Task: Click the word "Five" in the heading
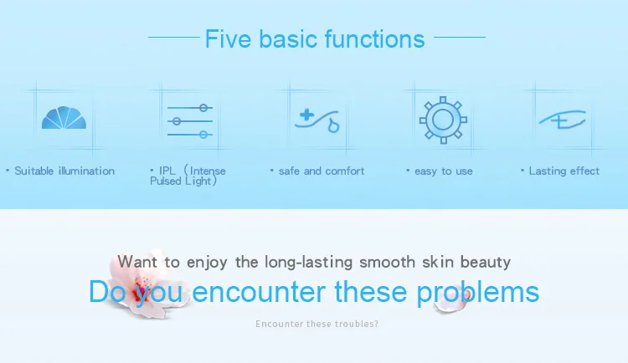tap(228, 38)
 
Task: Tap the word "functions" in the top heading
tap(374, 38)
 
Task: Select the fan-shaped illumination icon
tap(64, 118)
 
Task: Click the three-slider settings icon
tap(190, 121)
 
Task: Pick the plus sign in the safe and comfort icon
tap(306, 115)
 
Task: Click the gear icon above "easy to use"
tap(443, 120)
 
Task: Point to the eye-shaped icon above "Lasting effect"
tap(563, 120)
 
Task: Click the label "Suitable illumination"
tap(64, 171)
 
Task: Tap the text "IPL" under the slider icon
tap(167, 171)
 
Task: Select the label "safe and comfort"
tap(322, 171)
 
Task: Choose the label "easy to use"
tap(443, 171)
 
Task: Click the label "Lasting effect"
tap(564, 171)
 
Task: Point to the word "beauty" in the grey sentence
tap(486, 263)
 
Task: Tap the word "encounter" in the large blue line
tap(259, 292)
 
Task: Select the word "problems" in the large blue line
tap(477, 293)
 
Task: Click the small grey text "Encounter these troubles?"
tap(317, 324)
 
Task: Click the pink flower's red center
tap(141, 289)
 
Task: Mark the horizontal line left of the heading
tap(174, 38)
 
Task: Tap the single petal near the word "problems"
tap(451, 299)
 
